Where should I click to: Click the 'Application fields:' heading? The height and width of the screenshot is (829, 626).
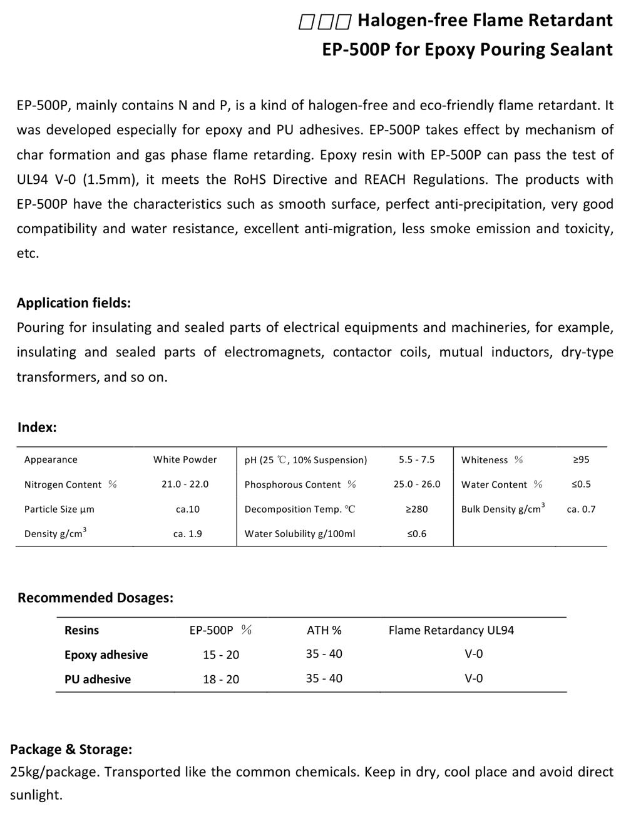74,303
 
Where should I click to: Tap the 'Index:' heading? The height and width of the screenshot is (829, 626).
37,428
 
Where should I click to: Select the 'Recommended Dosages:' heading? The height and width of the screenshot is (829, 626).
95,598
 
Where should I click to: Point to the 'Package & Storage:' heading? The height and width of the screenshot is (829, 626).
71,749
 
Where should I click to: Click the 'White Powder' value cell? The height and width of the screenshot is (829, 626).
185,460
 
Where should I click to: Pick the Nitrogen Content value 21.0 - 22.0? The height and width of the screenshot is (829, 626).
185,485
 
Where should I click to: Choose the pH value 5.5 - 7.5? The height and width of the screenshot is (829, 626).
416,460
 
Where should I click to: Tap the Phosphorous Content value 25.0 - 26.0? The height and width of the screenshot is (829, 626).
417,485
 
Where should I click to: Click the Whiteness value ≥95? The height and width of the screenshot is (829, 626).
581,460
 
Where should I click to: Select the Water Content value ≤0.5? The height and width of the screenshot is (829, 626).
581,485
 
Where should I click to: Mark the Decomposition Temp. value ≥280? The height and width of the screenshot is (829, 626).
416,510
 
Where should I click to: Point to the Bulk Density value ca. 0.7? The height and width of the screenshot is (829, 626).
581,510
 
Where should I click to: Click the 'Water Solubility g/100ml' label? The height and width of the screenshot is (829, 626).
300,534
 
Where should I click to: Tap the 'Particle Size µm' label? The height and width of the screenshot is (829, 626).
59,510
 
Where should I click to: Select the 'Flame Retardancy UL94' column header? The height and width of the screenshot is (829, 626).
451,630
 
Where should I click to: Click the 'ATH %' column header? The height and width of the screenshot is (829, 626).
324,630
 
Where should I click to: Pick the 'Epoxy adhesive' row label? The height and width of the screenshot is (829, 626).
106,655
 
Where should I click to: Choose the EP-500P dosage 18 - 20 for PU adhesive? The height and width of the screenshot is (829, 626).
221,680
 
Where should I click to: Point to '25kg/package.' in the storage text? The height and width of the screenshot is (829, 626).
54,772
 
